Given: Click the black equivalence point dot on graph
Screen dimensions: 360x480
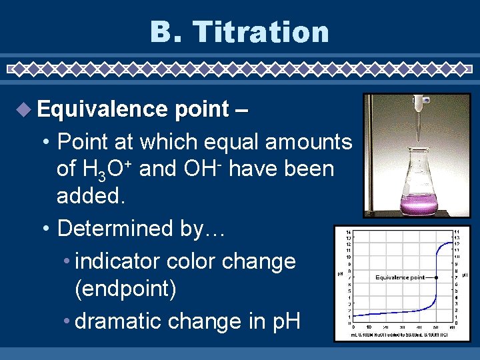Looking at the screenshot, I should pyautogui.click(x=437, y=277).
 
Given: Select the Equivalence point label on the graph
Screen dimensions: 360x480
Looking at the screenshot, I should pyautogui.click(x=400, y=277).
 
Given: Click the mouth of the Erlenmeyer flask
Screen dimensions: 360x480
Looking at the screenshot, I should pyautogui.click(x=419, y=148).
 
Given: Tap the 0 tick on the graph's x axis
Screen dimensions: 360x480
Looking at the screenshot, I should pyautogui.click(x=353, y=327).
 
